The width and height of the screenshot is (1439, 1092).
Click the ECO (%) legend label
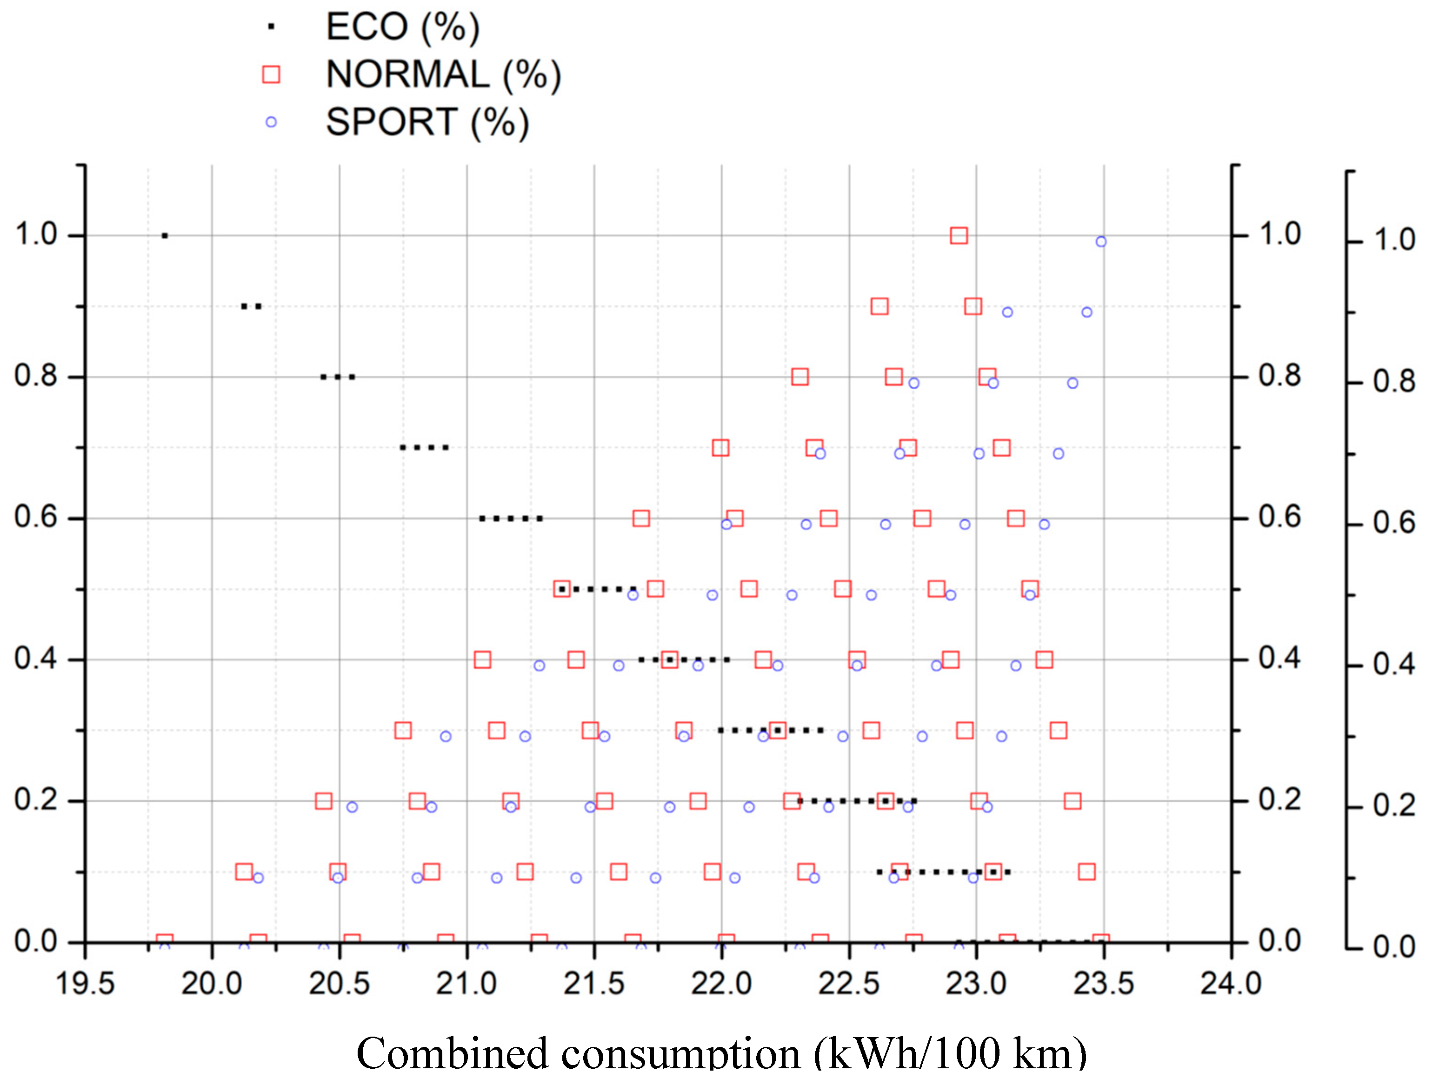click(402, 27)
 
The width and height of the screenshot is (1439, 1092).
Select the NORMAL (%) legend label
click(443, 75)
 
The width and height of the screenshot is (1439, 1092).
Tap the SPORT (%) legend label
click(427, 122)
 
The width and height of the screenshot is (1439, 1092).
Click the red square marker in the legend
click(271, 75)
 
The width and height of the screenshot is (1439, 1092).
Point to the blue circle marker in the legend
click(271, 122)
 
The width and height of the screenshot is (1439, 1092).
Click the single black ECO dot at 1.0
click(165, 235)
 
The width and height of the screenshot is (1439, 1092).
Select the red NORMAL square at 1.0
click(958, 235)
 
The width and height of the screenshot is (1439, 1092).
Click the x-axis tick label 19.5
click(85, 983)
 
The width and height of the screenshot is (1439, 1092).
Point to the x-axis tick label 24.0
click(1231, 983)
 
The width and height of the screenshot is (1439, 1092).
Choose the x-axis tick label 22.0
click(721, 983)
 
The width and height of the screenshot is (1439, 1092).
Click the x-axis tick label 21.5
click(593, 983)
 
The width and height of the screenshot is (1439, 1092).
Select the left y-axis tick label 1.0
click(36, 234)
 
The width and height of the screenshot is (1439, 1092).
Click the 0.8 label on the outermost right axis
click(1393, 382)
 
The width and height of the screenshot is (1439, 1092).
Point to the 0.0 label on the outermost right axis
click(1393, 948)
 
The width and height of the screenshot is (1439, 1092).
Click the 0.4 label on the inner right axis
click(1279, 659)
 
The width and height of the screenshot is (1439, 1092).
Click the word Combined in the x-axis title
click(452, 1053)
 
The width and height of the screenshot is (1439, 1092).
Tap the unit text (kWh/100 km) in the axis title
click(950, 1053)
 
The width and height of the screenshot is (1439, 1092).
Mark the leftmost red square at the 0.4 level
click(482, 659)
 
